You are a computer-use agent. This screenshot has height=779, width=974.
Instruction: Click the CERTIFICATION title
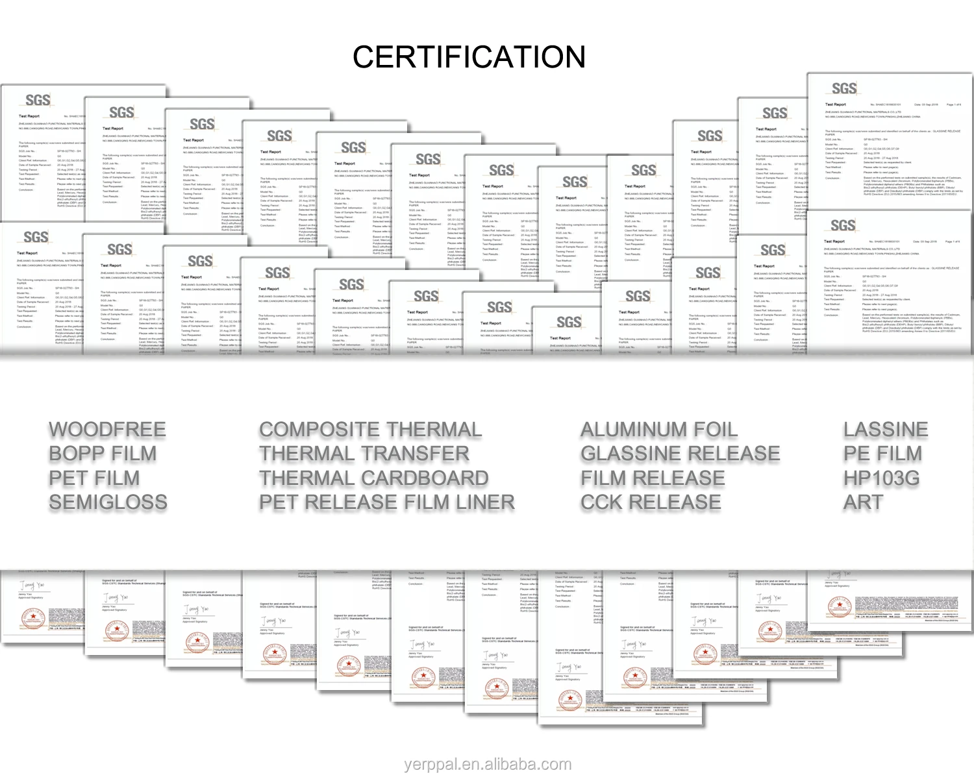click(x=469, y=57)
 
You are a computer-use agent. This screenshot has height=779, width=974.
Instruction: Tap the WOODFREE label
click(x=107, y=430)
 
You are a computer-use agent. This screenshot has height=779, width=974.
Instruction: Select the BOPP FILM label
click(x=103, y=454)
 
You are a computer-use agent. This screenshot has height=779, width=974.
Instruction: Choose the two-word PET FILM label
click(x=94, y=478)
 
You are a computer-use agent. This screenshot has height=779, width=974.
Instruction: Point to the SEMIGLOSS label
click(x=108, y=502)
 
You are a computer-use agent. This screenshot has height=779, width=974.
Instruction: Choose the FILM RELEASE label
click(x=653, y=478)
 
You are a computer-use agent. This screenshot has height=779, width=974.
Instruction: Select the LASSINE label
click(x=886, y=430)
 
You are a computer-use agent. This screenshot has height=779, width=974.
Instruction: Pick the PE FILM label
click(x=882, y=454)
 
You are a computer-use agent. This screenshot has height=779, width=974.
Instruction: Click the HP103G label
click(x=881, y=478)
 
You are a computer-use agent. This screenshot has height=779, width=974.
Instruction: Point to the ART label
click(x=863, y=502)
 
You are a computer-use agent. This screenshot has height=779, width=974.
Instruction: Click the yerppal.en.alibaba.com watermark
click(x=487, y=765)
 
